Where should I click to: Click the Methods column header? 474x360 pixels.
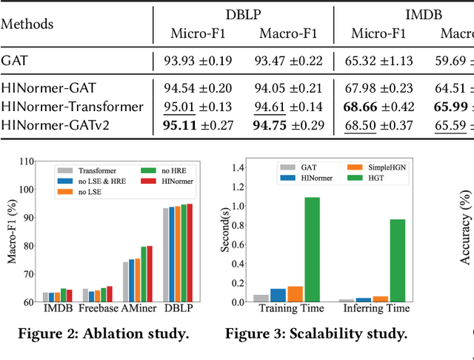(27, 24)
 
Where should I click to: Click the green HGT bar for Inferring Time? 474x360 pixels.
(397, 260)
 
